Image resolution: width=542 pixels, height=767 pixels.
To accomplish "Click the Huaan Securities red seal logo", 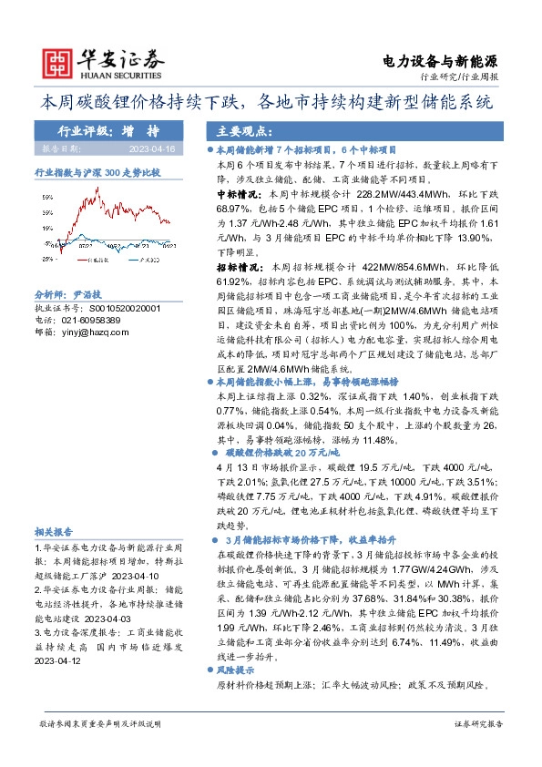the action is (x=58, y=62).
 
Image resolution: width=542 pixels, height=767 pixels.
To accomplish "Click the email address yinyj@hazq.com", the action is (x=92, y=332).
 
